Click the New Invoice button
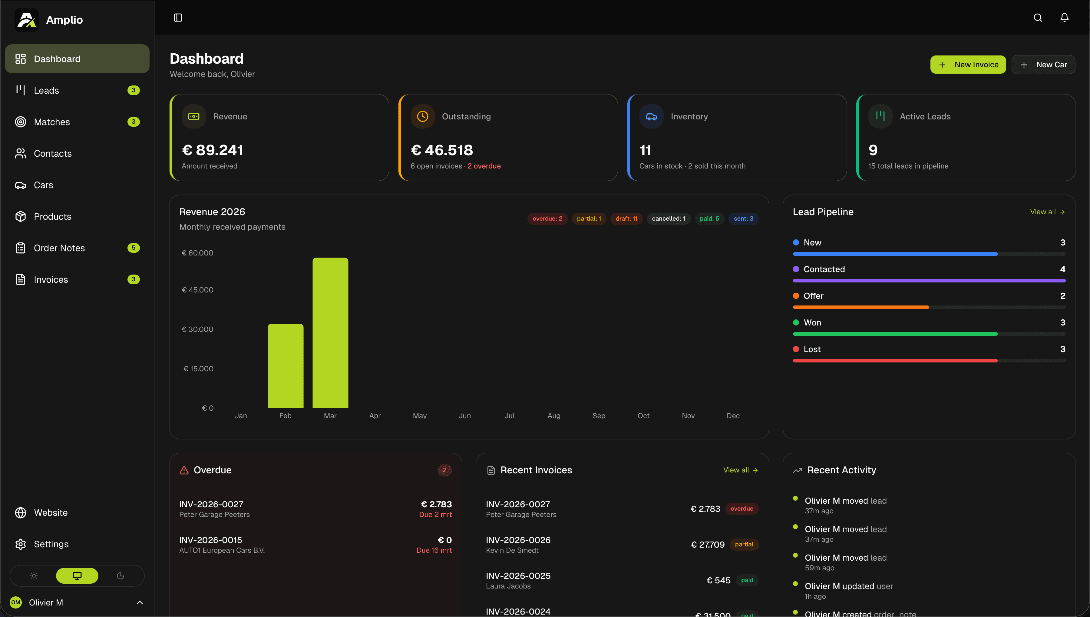[968, 65]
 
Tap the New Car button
[1043, 65]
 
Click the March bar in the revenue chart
[330, 333]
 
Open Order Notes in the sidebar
[59, 248]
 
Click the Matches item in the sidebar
[52, 122]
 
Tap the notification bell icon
[1064, 17]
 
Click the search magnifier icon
[1038, 17]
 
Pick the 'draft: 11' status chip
[626, 219]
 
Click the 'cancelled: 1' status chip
[668, 219]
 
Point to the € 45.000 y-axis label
[197, 290]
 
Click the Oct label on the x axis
[643, 416]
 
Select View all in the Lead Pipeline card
[1047, 212]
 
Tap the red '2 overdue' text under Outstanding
[484, 166]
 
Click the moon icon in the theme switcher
[120, 575]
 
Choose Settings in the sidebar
[51, 544]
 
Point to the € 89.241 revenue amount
[213, 150]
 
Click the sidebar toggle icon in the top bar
[178, 17]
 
